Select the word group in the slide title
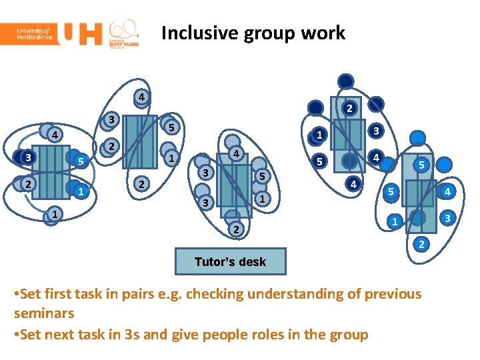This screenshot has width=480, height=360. (270, 34)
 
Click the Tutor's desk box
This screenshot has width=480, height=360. (230, 262)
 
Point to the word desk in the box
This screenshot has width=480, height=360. (251, 262)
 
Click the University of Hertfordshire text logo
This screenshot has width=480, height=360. (29, 33)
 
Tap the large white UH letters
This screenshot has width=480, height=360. (81, 33)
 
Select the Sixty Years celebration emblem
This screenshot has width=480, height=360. (124, 33)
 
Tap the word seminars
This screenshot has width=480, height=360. (43, 313)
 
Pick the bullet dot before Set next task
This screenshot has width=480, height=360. (17, 335)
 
